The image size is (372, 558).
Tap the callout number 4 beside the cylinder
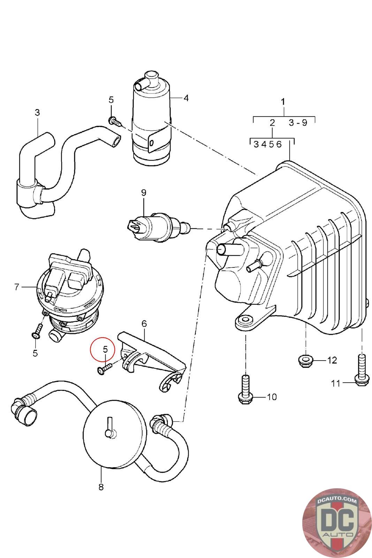coord(186,98)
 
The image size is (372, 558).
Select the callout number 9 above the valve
coord(144,193)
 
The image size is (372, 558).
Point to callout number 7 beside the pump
coord(17,287)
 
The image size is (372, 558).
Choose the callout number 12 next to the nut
coord(332,360)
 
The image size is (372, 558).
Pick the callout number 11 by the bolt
coord(335,383)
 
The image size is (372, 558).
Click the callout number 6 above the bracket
coord(144,324)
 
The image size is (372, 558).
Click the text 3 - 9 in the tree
coord(298,122)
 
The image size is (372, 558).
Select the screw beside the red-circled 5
coord(105,368)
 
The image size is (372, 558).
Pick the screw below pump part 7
coord(37,331)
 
